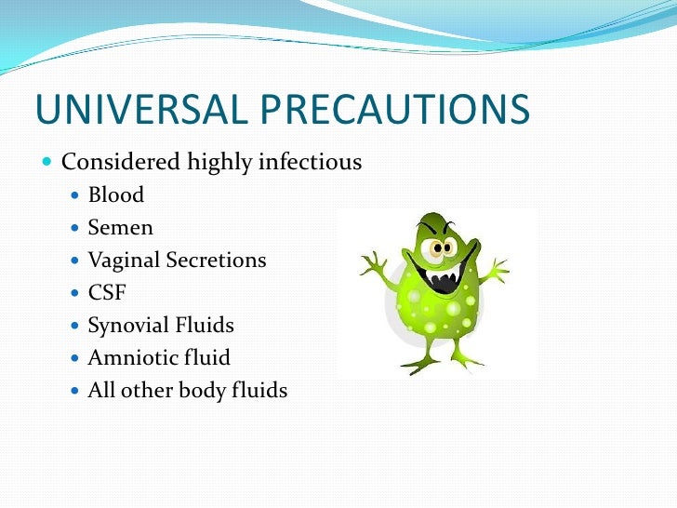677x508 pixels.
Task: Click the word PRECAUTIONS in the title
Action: click(x=390, y=109)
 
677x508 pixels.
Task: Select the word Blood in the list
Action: click(x=116, y=194)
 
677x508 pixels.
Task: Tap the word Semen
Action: click(x=120, y=227)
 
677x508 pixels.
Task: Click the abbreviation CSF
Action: click(x=106, y=293)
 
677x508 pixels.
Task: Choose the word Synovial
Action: click(x=127, y=326)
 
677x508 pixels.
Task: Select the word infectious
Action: click(x=312, y=162)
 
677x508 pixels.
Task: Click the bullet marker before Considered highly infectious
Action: click(x=48, y=163)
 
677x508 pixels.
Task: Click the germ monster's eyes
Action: click(x=442, y=247)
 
